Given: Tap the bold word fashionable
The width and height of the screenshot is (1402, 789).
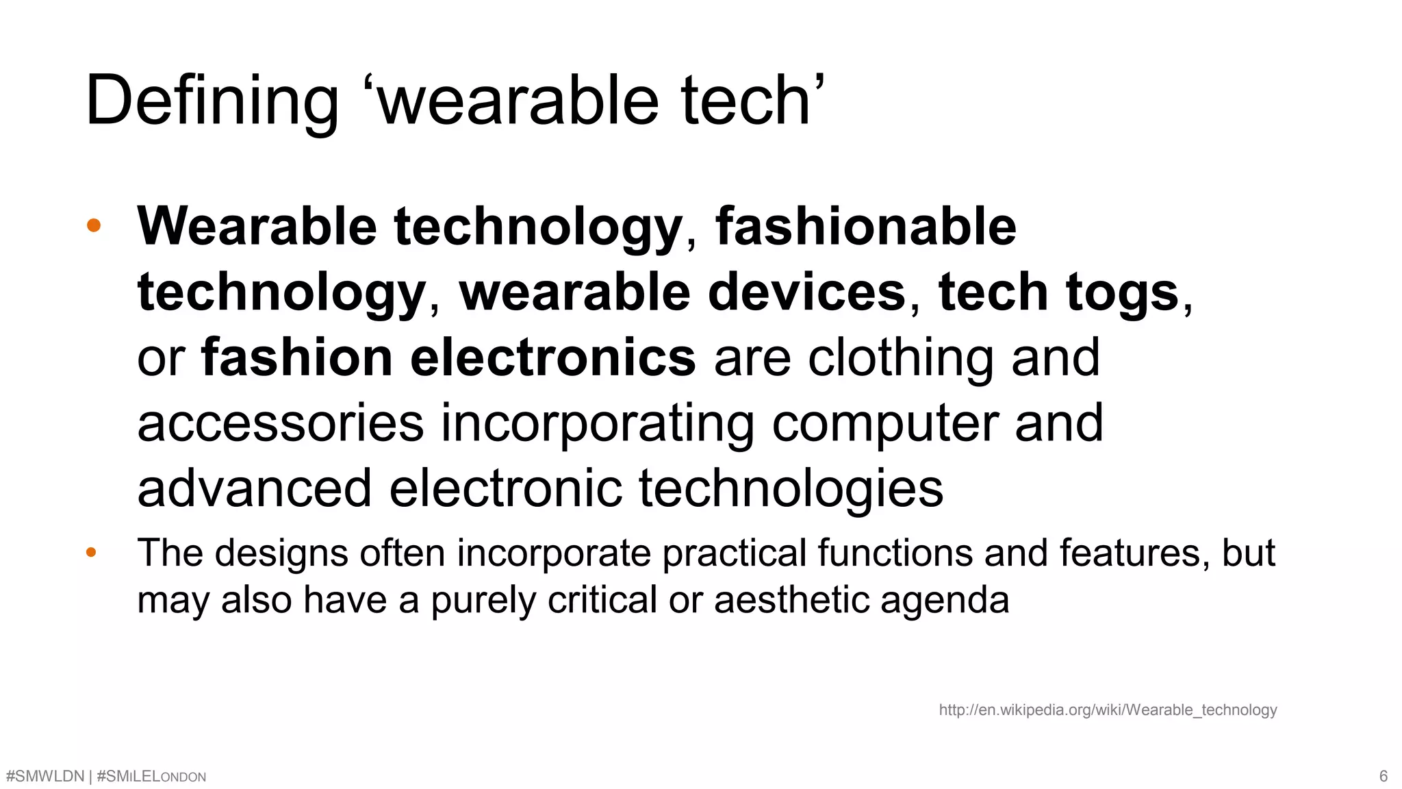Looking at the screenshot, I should click(x=866, y=227).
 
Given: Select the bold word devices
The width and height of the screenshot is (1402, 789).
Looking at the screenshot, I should click(x=807, y=292).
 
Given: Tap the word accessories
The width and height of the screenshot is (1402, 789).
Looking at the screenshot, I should click(x=281, y=423).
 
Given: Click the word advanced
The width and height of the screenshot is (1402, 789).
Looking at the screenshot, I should click(x=255, y=488).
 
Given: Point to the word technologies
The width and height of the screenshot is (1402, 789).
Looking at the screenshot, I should click(x=791, y=488).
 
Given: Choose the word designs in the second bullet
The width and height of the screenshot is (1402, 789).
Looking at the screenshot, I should click(x=281, y=553).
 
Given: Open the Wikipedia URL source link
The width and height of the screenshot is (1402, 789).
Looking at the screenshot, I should click(x=1108, y=710).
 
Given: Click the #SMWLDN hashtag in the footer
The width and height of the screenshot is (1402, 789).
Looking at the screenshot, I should click(x=44, y=777).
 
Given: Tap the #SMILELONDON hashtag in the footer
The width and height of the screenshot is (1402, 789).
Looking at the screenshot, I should click(x=151, y=777).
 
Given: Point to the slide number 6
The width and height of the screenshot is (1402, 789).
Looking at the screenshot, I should click(x=1383, y=777).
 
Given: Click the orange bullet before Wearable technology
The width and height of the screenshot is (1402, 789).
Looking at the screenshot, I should click(x=94, y=225).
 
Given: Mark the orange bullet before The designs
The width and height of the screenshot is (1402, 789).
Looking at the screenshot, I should click(x=91, y=552).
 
